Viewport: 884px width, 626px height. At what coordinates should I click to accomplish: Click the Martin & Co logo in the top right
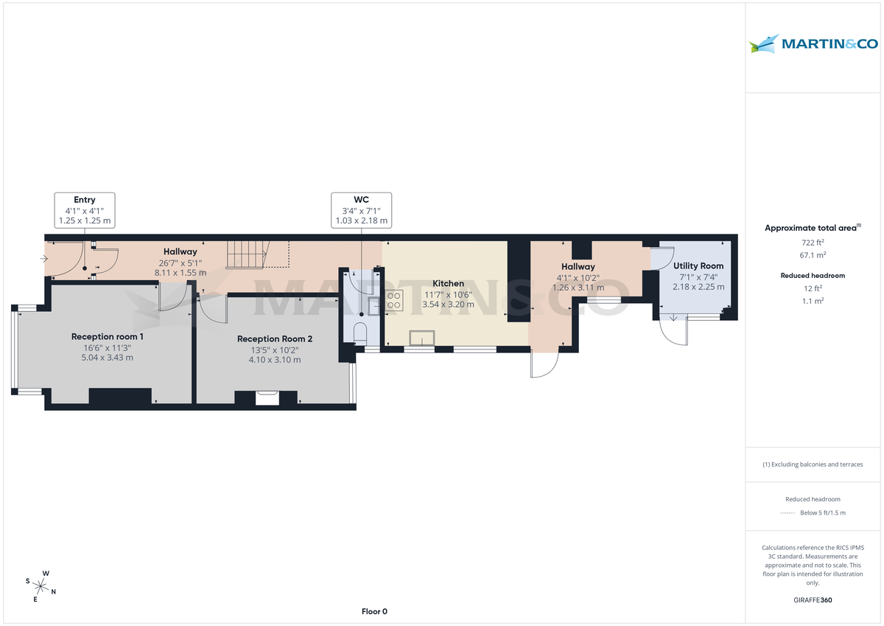(x=813, y=44)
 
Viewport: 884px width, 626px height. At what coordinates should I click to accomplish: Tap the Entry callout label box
(x=85, y=210)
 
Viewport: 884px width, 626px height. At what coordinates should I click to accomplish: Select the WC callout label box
(x=361, y=210)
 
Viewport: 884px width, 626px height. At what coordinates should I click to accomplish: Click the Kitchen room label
(x=448, y=283)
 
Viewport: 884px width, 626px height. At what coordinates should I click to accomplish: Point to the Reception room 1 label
(x=108, y=336)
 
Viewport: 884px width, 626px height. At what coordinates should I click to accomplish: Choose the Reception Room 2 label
(x=275, y=338)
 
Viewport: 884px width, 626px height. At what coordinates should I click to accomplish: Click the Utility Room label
(x=698, y=265)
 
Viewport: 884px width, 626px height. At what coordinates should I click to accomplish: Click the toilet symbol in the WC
(x=361, y=333)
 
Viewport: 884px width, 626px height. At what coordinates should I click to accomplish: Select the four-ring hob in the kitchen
(x=394, y=301)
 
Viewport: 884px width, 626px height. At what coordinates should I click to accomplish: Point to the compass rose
(x=42, y=586)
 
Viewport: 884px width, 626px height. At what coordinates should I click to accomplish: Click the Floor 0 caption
(x=374, y=611)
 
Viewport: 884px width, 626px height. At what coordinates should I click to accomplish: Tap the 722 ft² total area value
(x=813, y=243)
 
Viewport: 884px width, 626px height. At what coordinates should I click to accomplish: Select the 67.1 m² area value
(x=813, y=255)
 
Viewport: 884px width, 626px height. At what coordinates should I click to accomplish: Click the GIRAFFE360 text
(x=813, y=600)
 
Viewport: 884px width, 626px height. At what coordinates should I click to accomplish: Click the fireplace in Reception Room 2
(x=267, y=398)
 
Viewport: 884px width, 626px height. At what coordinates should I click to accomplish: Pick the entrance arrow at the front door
(x=46, y=259)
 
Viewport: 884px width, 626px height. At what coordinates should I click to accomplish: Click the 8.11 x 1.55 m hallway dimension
(x=180, y=273)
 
